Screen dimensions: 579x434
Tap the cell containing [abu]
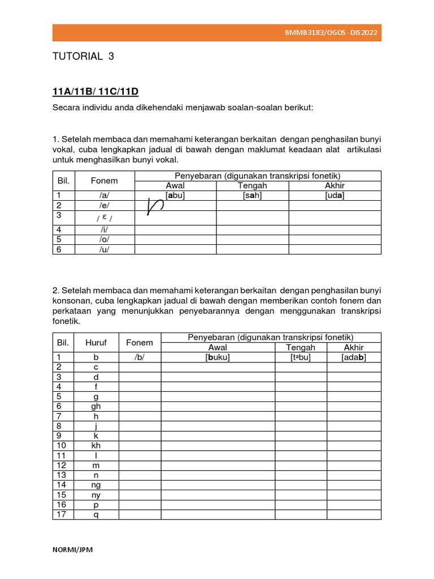(175, 195)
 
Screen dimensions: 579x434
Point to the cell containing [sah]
(252, 195)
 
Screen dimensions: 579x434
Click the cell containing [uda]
(335, 195)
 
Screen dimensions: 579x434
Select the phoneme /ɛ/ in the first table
(104, 218)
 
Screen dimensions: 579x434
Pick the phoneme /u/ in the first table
(104, 249)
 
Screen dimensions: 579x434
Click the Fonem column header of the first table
(104, 181)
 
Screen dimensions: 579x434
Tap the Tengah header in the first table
(252, 185)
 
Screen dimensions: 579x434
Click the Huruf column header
(96, 343)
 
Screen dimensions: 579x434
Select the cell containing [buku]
(218, 357)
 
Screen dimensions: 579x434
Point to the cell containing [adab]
(354, 357)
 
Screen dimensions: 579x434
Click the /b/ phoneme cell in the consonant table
(140, 357)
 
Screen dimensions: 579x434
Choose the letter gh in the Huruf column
(96, 407)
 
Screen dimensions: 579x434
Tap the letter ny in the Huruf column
(96, 495)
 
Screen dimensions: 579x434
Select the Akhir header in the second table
(354, 347)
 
